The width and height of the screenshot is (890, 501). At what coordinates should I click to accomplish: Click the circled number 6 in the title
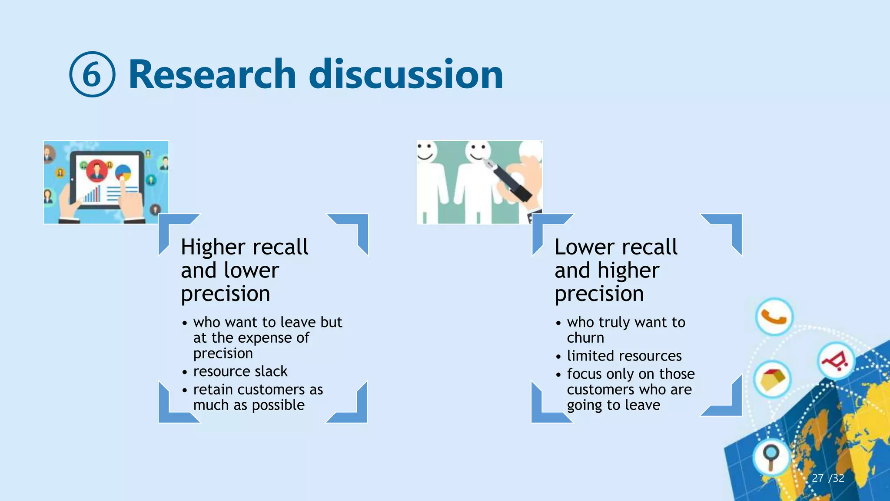pos(92,74)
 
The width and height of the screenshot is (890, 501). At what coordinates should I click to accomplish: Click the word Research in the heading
pos(212,74)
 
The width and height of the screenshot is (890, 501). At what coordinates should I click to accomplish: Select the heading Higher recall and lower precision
pos(245,270)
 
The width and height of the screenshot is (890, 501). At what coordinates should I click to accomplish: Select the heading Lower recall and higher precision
pos(616,270)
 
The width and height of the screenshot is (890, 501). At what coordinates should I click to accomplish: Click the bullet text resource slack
pos(240,371)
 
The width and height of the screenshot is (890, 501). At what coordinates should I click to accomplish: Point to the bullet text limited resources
pos(624,356)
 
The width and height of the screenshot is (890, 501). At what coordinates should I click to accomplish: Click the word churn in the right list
pos(585,338)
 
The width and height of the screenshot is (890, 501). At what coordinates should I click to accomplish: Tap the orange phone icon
pos(774,317)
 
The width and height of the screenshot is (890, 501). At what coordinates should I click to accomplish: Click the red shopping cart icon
pos(835,361)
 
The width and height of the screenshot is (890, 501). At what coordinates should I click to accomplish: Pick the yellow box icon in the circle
pos(772,379)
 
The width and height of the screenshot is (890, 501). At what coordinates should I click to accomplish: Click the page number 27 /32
pos(827,478)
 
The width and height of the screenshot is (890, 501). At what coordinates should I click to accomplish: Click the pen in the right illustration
pos(508,181)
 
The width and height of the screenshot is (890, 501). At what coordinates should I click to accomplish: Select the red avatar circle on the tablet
pos(96,171)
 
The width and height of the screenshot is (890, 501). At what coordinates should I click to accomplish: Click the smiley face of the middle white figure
pos(477,152)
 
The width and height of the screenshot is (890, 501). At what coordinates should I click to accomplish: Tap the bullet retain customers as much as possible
pos(258,397)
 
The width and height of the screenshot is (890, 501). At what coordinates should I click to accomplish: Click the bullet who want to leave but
pos(268,322)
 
